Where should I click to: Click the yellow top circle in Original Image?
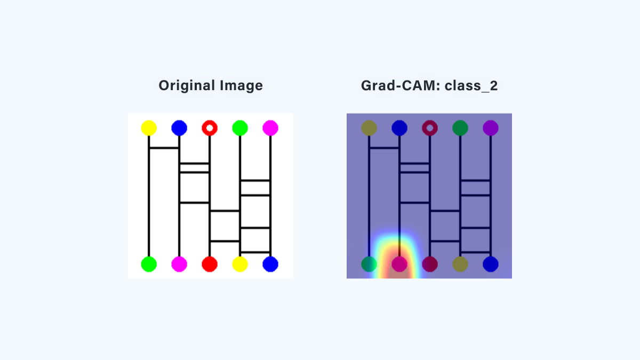149,127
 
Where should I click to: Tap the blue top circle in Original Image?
179,127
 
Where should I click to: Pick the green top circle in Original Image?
240,127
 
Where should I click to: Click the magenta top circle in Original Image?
270,127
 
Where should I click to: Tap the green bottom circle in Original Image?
149,265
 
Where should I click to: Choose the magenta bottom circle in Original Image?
179,265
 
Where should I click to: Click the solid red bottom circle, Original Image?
210,265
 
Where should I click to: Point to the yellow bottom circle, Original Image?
240,265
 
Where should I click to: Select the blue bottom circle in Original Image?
270,265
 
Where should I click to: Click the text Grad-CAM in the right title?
401,86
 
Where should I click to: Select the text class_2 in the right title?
471,86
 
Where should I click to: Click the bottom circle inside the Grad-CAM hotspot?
399,265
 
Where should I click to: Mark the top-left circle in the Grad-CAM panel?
369,127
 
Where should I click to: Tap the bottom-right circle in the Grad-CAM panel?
491,265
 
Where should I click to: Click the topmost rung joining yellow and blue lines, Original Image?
164,148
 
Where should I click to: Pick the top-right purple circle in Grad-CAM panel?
491,127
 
